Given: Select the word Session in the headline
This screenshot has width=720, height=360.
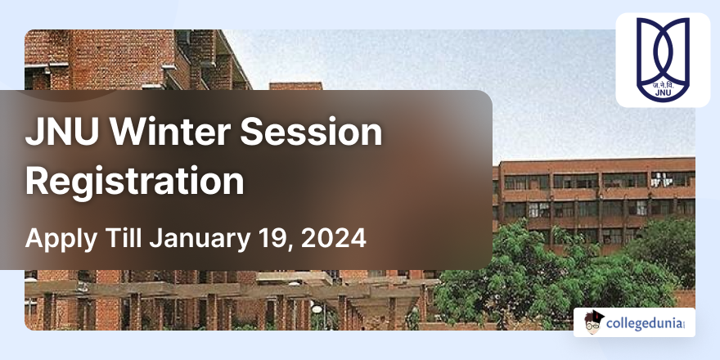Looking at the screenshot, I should coord(323,133).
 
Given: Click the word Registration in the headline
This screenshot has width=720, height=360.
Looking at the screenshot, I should coord(135,181).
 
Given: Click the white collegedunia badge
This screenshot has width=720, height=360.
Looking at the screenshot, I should coord(634,322).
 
